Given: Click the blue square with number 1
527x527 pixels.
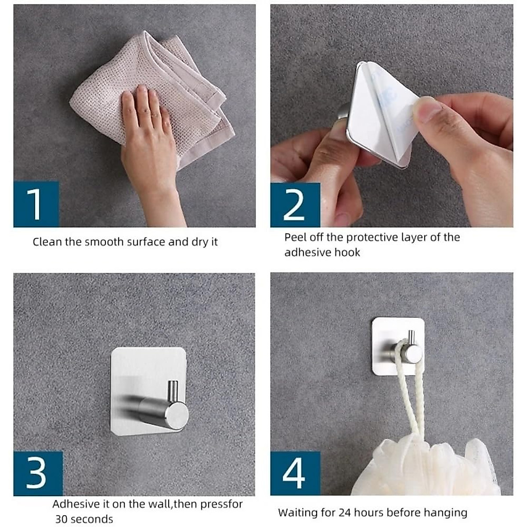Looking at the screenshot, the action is (36, 204).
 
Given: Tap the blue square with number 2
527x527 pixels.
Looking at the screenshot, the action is (295, 205).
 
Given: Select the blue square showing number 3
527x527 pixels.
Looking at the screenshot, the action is (38, 473).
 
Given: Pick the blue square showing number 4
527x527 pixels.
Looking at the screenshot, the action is (295, 473).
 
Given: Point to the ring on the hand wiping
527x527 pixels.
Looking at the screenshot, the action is (155, 116).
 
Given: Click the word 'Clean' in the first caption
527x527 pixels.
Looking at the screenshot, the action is (47, 242).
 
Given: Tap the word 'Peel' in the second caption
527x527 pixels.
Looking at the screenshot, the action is (295, 237).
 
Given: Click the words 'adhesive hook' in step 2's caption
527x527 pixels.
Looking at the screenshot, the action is (322, 252).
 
